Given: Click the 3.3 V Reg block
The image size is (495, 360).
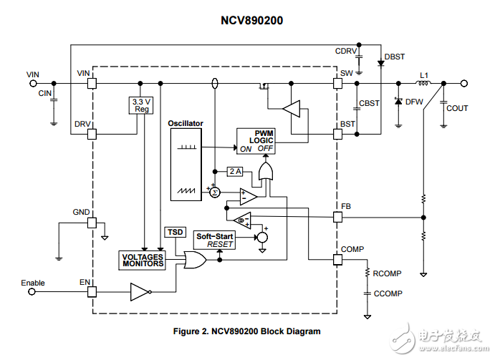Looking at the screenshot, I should coord(141,105).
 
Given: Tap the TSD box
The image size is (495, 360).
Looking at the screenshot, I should coord(175,232).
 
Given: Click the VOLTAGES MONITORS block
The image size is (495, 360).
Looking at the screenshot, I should coord(143,260).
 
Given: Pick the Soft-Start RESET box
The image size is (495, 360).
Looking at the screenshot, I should coord(214,240).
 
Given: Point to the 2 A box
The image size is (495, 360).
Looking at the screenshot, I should coord(236,171).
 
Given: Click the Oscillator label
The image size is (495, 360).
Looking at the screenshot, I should coord(186,123).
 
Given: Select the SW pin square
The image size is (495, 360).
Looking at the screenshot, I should coord(337,84).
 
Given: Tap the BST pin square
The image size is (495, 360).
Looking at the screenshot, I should coord(337,134).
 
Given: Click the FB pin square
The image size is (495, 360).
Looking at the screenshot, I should coord(337,216).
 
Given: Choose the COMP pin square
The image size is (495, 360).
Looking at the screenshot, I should coord(337,259).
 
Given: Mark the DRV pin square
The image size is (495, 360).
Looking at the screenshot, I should coord(92,134).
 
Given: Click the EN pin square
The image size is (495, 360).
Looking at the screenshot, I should coord(92,292).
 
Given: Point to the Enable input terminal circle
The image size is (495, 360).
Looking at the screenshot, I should coord(32,292).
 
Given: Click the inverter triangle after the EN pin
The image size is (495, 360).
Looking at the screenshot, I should coord(139,292).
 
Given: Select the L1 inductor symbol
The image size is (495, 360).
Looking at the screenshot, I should coord(423,84).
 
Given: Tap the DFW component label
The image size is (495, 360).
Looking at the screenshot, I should coord(414,102).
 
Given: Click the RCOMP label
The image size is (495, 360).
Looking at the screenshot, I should coord(386,273).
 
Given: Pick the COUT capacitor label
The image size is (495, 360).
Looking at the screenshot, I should coord(457,108).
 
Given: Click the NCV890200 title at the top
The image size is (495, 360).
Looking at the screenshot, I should coord(246,21).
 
